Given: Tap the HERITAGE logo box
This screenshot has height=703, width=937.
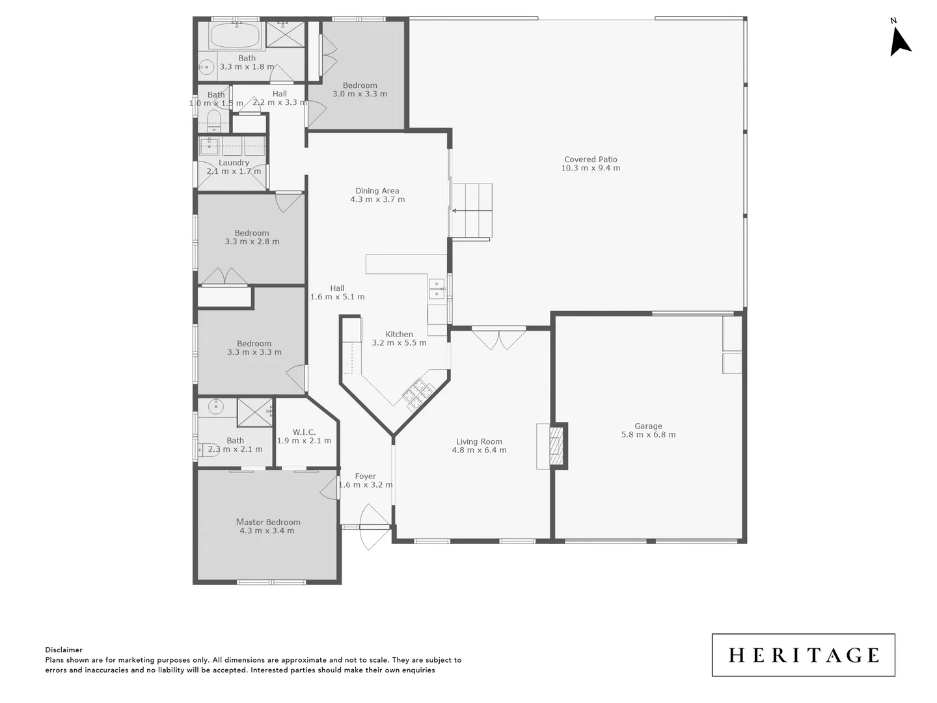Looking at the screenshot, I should click(803, 655).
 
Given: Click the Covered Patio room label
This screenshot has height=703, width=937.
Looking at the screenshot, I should click(590, 159).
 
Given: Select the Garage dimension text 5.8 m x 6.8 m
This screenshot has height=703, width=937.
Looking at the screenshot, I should click(648, 435).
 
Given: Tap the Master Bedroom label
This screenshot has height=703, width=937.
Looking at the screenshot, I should click(268, 521).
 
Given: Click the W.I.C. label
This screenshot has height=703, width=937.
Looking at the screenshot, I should click(304, 432).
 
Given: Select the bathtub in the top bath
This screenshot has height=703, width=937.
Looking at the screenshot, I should click(235, 36).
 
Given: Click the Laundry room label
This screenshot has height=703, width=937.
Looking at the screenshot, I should click(234, 163).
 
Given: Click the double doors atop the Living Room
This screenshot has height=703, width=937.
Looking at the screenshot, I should click(498, 338).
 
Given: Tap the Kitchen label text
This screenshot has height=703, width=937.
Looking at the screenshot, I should click(399, 334).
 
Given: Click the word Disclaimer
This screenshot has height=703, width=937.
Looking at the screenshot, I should click(64, 650).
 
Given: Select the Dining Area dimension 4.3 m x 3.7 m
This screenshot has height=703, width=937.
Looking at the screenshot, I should click(377, 200).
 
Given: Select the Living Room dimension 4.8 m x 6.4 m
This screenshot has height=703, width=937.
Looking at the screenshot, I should click(479, 450).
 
